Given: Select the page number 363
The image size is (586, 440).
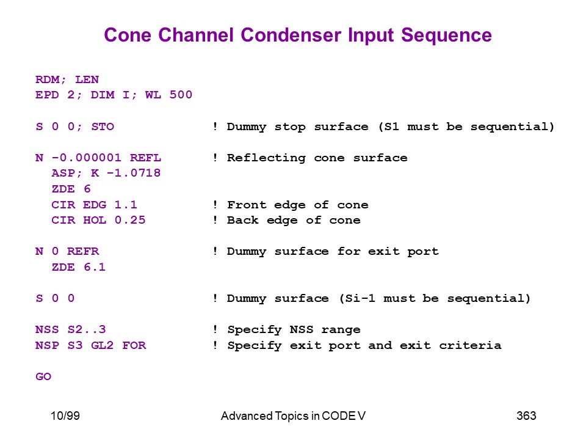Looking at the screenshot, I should tap(526, 416).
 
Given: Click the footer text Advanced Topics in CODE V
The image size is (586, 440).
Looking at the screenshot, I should tap(293, 416).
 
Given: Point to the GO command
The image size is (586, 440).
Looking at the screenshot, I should tap(43, 377).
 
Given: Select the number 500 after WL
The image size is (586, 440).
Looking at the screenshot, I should tap(181, 95).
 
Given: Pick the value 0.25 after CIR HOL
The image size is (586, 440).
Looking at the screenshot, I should tap(130, 220).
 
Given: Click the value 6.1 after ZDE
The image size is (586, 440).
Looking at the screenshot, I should tap(94, 267).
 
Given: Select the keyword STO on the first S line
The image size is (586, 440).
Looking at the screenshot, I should tap(102, 127).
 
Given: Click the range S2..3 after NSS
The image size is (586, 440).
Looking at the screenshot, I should tap(90, 329).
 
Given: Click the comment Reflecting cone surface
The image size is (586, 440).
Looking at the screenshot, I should tap(317, 158).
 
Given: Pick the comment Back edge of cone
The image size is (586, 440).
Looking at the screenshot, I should tap(294, 220).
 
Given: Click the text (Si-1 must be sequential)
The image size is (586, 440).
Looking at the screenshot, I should tap(434, 298).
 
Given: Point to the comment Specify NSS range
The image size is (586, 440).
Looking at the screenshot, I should tap(294, 329).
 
